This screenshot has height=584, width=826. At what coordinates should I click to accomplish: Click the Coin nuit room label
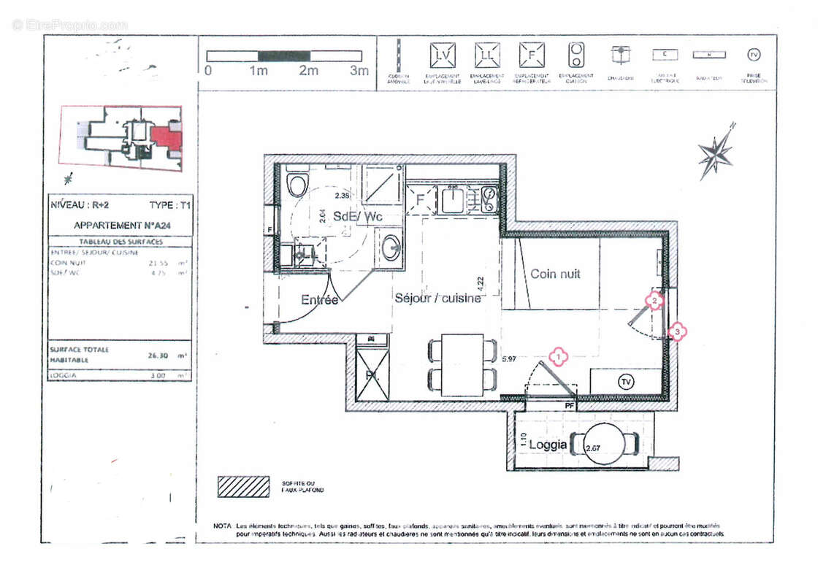click(555, 274)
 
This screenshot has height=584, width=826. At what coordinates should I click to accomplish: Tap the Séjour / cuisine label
click(437, 298)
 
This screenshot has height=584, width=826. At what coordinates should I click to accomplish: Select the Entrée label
click(319, 299)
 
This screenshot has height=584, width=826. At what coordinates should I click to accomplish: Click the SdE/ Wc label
click(357, 217)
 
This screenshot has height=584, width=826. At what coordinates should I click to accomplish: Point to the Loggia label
click(547, 445)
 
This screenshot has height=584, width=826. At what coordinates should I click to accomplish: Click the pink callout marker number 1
click(559, 356)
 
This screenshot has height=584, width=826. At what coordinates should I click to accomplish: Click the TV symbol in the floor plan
click(625, 382)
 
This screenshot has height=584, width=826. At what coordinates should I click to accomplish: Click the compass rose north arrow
click(715, 153)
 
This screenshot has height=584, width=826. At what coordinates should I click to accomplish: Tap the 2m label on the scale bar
click(309, 71)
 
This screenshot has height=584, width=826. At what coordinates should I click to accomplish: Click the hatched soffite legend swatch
click(242, 486)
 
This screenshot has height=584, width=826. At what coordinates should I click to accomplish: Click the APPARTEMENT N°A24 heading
click(120, 226)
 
